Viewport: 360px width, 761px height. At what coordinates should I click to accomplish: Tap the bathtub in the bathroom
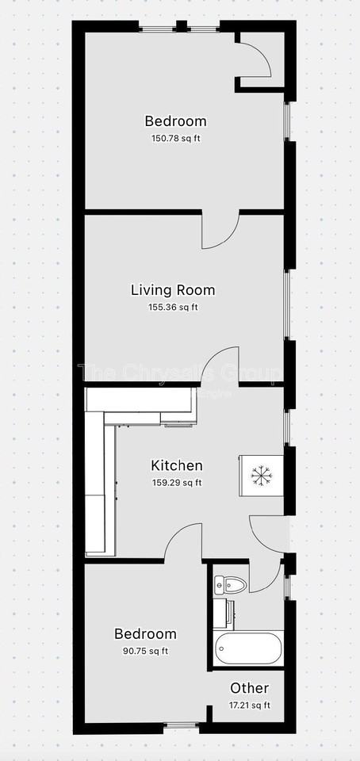[248, 648]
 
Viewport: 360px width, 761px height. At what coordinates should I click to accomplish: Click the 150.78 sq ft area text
[176, 138]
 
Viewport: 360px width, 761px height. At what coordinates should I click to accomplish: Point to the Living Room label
[173, 290]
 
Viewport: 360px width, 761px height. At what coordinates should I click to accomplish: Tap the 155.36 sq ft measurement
[173, 308]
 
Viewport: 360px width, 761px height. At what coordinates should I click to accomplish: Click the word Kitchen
[177, 465]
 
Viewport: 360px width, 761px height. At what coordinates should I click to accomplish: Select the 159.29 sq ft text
[177, 482]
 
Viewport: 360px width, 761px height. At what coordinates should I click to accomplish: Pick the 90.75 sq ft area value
[145, 651]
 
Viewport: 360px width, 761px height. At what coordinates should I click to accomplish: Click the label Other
[250, 688]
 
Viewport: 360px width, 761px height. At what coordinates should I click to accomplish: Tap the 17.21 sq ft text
[250, 705]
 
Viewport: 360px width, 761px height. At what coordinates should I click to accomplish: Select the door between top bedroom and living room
[220, 230]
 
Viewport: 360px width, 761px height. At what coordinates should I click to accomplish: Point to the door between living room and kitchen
[221, 366]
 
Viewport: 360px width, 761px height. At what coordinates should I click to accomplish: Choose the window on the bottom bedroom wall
[182, 725]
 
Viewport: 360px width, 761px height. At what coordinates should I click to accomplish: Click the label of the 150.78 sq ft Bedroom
[176, 121]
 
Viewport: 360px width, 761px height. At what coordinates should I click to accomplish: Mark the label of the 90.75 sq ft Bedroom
[145, 634]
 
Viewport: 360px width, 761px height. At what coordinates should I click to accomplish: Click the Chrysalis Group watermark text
[178, 373]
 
